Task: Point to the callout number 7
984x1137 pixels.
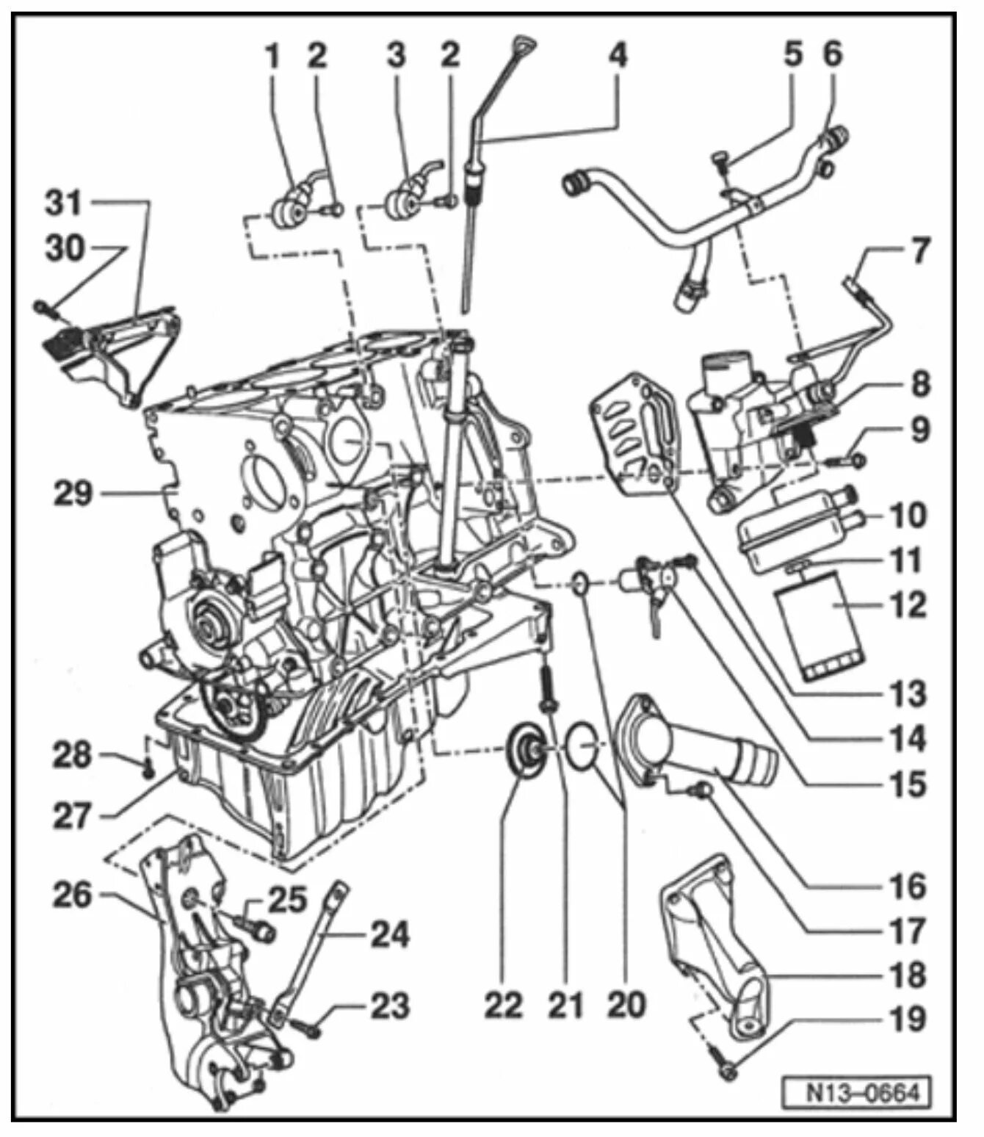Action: pos(911,250)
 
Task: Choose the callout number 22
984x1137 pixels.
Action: pos(503,1004)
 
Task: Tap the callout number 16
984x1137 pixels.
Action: pos(910,887)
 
